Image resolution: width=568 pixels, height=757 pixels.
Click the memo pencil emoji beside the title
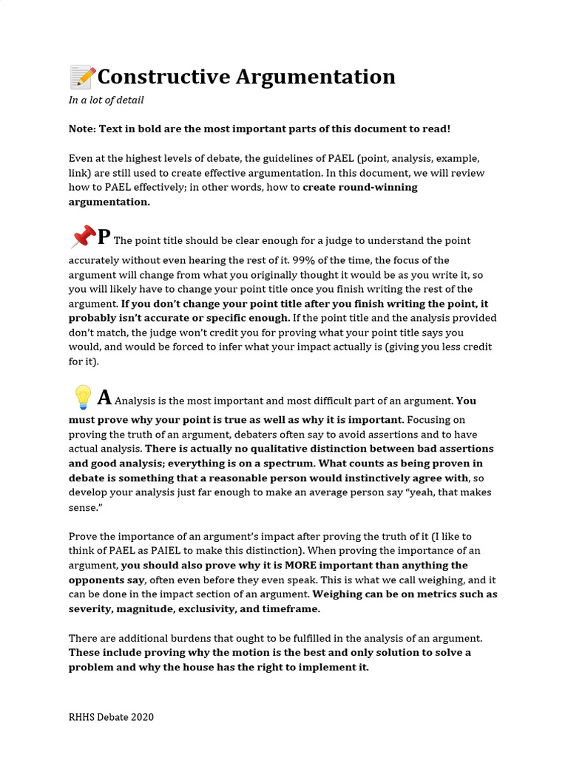(82, 77)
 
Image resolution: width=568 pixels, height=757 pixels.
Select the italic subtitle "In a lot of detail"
(106, 100)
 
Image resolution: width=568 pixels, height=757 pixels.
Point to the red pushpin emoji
(83, 237)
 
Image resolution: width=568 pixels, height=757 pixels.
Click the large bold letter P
(104, 237)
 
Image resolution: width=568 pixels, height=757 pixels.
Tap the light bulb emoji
(83, 398)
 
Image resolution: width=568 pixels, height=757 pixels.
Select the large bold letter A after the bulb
(104, 398)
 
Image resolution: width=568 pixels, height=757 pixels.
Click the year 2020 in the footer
(142, 717)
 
